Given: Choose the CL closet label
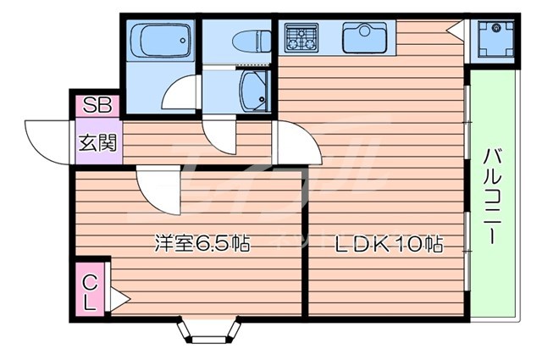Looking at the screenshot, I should coord(89,290).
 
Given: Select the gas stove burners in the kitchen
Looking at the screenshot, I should coord(301,37).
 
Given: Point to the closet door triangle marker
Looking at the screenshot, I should coord(118,297).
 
